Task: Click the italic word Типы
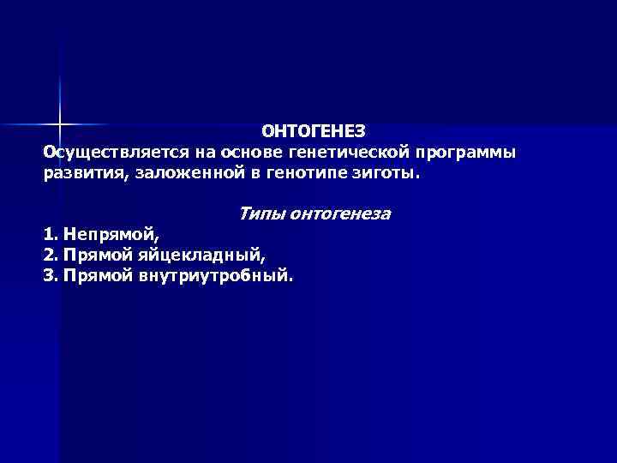tap(262, 213)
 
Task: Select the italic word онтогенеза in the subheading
tap(340, 213)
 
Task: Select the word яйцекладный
tap(205, 255)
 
